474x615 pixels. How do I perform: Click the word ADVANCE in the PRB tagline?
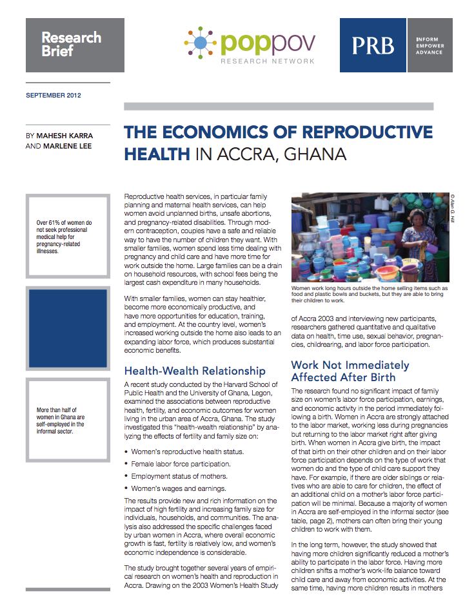tap(430, 52)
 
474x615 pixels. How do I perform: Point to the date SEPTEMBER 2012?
tap(54, 96)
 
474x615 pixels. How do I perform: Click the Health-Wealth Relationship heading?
tap(195, 371)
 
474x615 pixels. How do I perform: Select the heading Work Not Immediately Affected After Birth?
tap(350, 371)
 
